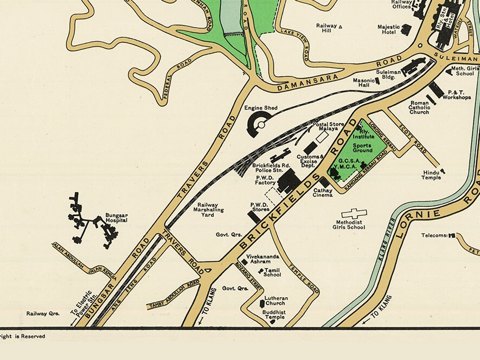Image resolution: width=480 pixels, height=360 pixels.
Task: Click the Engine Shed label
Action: [x=261, y=108]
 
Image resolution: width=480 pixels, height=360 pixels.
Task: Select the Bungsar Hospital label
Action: [x=117, y=218]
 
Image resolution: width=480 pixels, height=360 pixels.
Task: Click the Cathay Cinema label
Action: [x=323, y=192]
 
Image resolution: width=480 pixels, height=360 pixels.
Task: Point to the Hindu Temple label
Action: [x=432, y=175]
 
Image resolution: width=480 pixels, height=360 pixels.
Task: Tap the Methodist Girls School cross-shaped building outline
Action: [x=354, y=214]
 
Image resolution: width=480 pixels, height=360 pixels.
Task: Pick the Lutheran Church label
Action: [x=276, y=301]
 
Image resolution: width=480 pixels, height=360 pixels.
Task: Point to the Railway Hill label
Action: [x=327, y=28]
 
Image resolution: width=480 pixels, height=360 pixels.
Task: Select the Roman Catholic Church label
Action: [x=419, y=107]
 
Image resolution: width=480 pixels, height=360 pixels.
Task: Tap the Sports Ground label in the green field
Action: [x=363, y=147]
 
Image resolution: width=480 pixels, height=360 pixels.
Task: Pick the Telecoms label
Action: [x=434, y=235]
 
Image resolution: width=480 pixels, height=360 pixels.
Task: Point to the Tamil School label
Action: [x=272, y=272]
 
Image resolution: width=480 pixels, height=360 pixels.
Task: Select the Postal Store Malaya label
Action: [x=329, y=127]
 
